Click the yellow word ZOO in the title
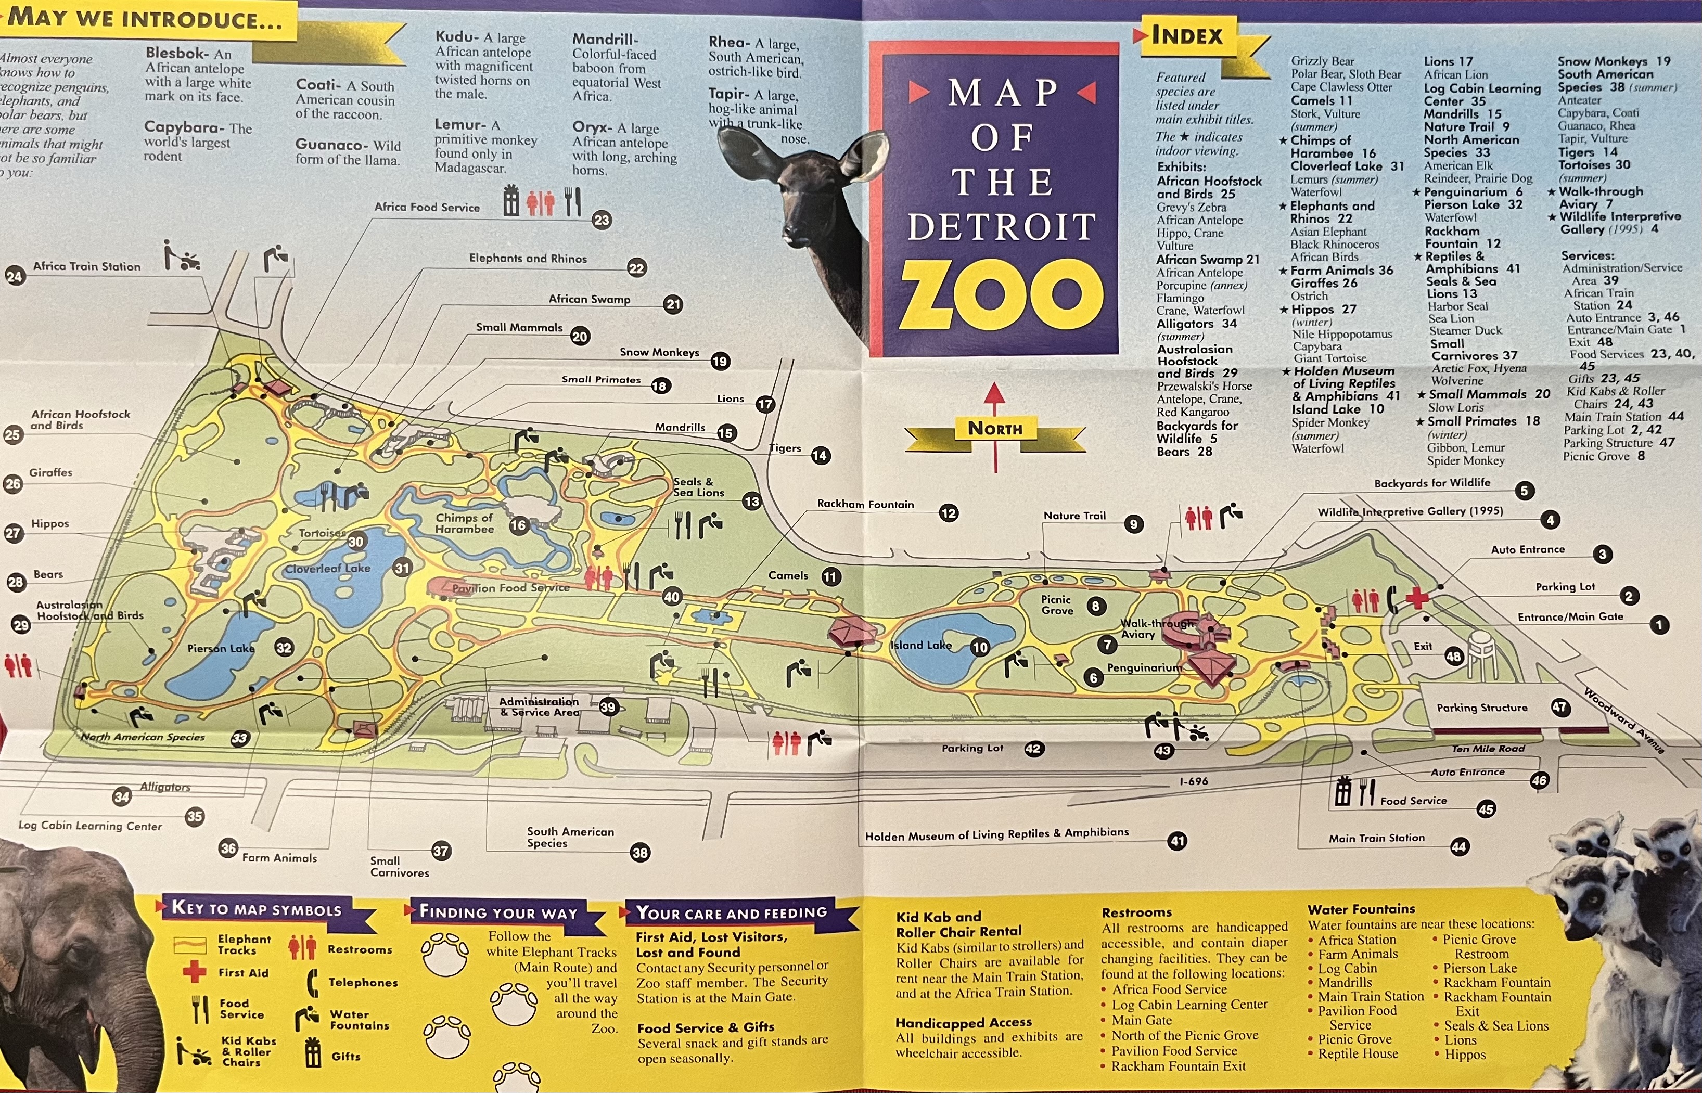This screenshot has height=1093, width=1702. tap(1002, 294)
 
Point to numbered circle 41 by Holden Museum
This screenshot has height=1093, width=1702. tap(1177, 841)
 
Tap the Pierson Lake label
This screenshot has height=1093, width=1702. tap(221, 648)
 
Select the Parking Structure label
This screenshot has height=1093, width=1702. tap(1482, 708)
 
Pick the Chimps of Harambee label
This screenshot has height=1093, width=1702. tap(464, 523)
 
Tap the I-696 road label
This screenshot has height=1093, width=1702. tap(1193, 781)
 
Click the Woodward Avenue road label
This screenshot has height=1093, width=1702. tap(1623, 719)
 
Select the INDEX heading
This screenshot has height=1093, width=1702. tap(1187, 35)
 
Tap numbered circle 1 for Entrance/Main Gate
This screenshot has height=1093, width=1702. tap(1659, 625)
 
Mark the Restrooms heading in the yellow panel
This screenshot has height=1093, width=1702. tap(1136, 912)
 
